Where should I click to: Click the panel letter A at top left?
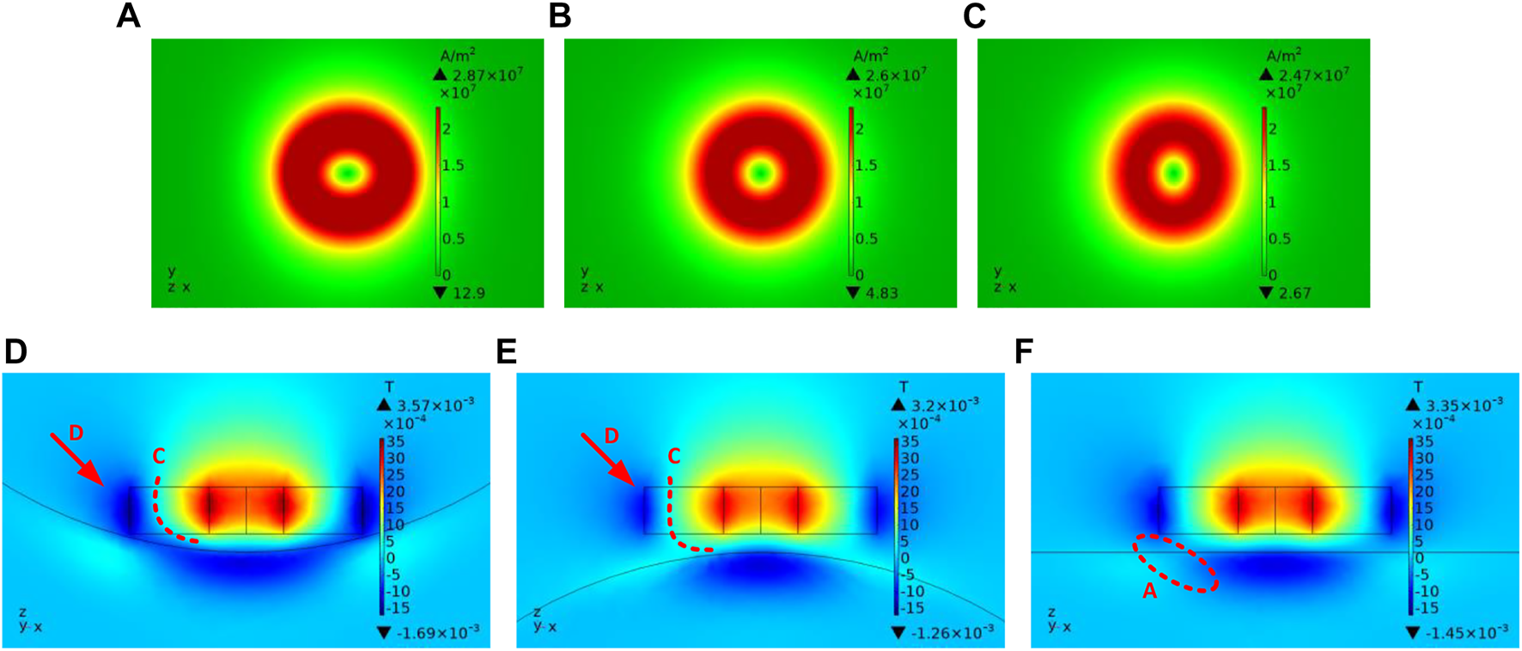click(x=128, y=16)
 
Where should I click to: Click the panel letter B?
click(x=559, y=16)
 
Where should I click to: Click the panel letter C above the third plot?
click(x=974, y=16)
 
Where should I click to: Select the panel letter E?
click(x=506, y=352)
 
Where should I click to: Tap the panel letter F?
click(x=1023, y=352)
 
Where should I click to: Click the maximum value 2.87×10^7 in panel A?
click(x=486, y=75)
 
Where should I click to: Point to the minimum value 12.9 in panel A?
click(x=469, y=293)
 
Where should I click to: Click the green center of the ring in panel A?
click(x=348, y=173)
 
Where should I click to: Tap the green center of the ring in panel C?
click(x=1174, y=173)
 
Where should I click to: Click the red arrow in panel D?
click(x=77, y=459)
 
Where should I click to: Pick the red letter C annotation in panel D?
click(x=157, y=455)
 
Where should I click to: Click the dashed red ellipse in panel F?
click(x=1176, y=563)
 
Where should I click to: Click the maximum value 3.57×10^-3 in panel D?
click(x=435, y=405)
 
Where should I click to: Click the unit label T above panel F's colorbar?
click(x=1418, y=386)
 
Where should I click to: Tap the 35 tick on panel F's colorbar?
click(x=1424, y=441)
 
